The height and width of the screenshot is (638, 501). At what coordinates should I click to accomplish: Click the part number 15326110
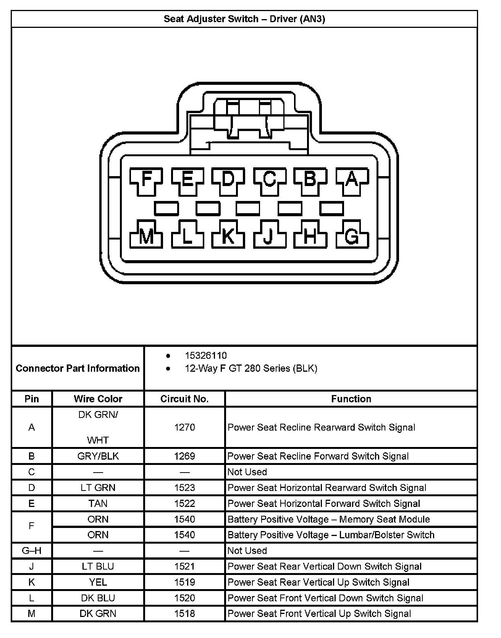point(206,356)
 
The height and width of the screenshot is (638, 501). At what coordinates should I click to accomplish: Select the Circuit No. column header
point(184,399)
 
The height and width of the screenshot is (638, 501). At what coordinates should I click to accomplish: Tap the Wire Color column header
point(98,399)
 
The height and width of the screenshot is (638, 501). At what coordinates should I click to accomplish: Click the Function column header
point(351,399)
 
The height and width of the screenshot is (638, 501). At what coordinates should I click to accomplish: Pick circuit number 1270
point(184,427)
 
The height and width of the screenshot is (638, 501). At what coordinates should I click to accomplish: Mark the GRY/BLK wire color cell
point(98,456)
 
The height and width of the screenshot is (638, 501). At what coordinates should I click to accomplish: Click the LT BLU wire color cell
point(98,566)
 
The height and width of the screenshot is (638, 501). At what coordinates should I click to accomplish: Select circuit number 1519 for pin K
point(184,582)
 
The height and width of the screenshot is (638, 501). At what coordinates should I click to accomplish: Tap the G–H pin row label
point(32,551)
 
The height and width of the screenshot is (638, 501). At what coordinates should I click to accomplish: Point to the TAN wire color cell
point(98,504)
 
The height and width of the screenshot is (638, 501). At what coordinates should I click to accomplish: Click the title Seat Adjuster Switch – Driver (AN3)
point(244,19)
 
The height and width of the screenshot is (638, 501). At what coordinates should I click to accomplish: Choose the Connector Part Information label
point(78,368)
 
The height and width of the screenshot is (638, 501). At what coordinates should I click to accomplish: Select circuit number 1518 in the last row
point(184,614)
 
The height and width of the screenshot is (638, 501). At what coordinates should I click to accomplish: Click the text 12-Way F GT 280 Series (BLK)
point(251,368)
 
